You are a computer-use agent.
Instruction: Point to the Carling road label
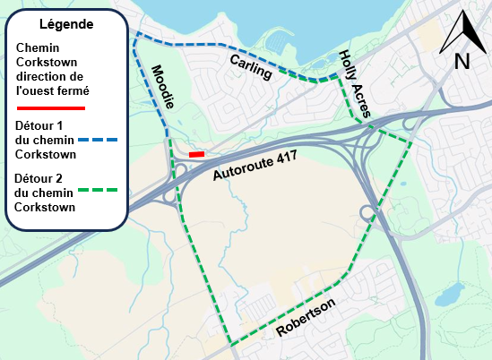(250, 66)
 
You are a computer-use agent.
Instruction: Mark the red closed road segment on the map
(197, 154)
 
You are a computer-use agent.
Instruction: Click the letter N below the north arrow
(462, 61)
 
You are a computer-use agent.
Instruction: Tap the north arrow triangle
(462, 32)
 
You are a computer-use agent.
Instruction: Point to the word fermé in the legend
(62, 90)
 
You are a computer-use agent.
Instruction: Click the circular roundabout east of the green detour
(367, 213)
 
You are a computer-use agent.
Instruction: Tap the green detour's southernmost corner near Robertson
(229, 345)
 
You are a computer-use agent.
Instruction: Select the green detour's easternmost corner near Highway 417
(412, 143)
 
